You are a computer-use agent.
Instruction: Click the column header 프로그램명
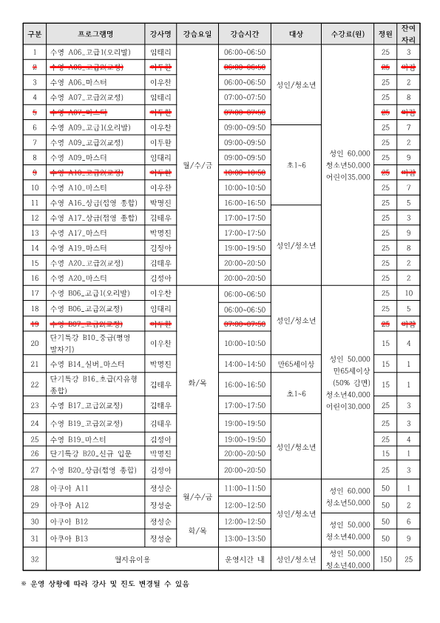click(x=95, y=34)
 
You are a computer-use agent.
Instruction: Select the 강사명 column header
click(x=161, y=34)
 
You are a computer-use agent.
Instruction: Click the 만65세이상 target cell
click(x=296, y=364)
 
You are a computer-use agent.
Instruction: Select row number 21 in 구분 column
click(x=35, y=364)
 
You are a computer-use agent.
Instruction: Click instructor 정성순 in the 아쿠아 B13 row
click(x=161, y=538)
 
